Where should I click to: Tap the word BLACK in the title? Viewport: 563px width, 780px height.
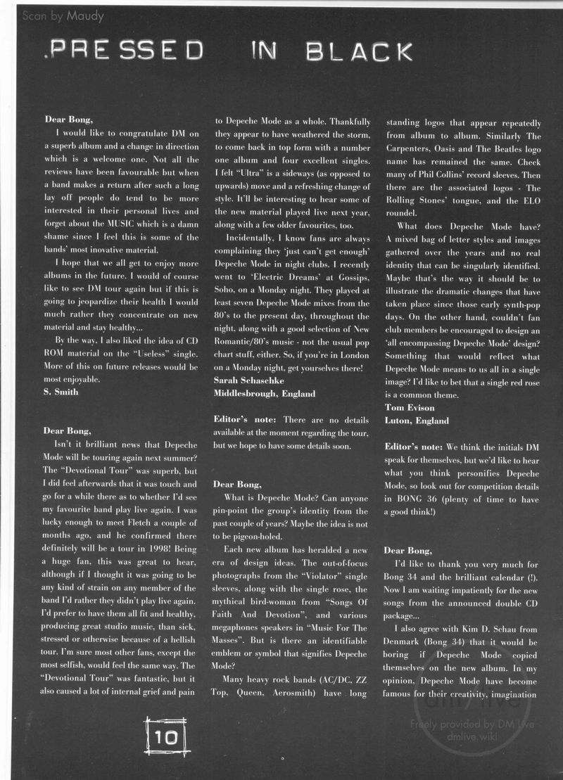pos(362,51)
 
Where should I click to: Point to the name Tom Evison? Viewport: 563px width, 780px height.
pos(410,407)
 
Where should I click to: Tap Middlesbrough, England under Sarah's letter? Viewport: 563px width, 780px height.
pos(265,394)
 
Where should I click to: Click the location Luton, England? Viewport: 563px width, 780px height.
pos(417,421)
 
